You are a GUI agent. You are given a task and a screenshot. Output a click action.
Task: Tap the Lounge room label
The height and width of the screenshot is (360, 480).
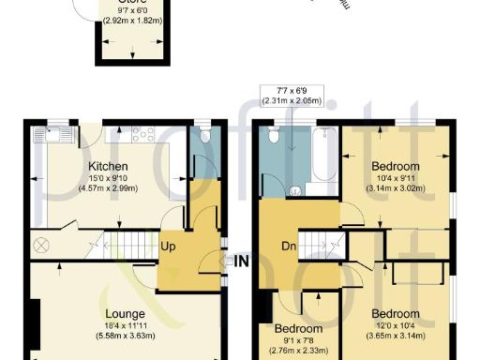(x=125, y=313)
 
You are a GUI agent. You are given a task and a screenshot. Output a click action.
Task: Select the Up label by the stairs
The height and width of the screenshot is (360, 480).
(x=170, y=246)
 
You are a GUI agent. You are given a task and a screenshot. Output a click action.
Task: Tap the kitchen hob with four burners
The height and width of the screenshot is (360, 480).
(x=142, y=134)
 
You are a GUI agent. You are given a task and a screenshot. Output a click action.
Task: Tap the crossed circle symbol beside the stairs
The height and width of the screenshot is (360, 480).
(x=41, y=245)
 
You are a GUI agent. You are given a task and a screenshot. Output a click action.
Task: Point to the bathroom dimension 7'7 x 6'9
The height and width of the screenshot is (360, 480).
(x=292, y=92)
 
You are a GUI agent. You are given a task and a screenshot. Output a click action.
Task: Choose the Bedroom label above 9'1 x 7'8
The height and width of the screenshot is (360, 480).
(x=298, y=329)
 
